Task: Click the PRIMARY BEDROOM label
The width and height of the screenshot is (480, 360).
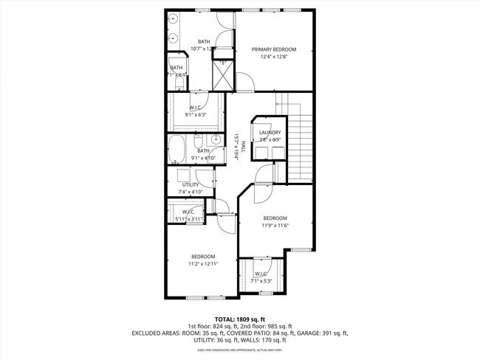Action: point(272,49)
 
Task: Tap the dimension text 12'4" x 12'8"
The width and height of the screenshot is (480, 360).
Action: point(272,57)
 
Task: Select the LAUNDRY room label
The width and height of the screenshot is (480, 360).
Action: point(270,132)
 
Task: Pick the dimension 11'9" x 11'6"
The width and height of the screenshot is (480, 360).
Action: point(275,226)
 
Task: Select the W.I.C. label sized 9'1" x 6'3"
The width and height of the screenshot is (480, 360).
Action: point(195,108)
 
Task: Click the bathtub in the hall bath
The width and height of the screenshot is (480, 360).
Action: point(177,149)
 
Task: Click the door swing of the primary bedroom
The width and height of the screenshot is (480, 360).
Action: point(245,82)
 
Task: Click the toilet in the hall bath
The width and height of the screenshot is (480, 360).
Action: point(198,140)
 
